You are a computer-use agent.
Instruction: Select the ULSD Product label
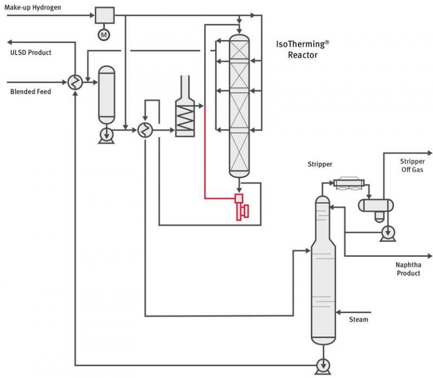(x=31, y=52)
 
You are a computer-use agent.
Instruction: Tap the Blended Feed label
(x=30, y=91)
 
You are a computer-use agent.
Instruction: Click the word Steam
(x=359, y=319)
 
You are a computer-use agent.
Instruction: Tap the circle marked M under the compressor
(x=104, y=35)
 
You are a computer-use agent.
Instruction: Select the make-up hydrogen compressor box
(x=104, y=15)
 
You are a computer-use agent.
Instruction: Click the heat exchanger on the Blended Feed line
(x=74, y=82)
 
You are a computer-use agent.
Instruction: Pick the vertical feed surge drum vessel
(x=107, y=94)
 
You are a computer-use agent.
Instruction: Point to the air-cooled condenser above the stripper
(x=349, y=183)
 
